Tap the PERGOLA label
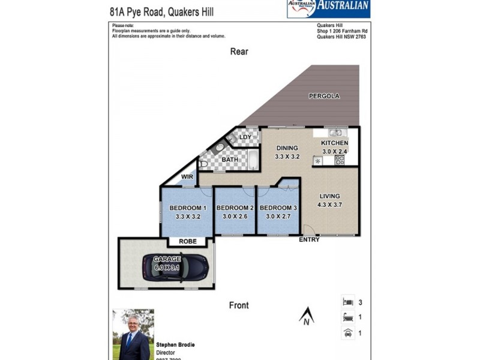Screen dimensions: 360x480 324,96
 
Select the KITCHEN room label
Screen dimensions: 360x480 334,143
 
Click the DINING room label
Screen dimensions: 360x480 287,148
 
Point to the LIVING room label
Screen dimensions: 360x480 329,196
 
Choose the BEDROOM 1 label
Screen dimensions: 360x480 188,208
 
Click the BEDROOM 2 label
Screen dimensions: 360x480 235,208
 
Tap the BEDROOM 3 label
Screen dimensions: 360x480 278,208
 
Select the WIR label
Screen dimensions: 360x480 187,178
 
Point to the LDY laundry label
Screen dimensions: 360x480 245,137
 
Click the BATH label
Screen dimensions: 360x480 230,160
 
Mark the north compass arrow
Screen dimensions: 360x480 306,314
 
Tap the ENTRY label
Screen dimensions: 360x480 309,240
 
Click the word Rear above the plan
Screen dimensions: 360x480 239,52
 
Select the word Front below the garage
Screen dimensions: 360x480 238,305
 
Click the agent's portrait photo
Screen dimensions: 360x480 133,334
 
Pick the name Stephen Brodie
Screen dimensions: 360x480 175,346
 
